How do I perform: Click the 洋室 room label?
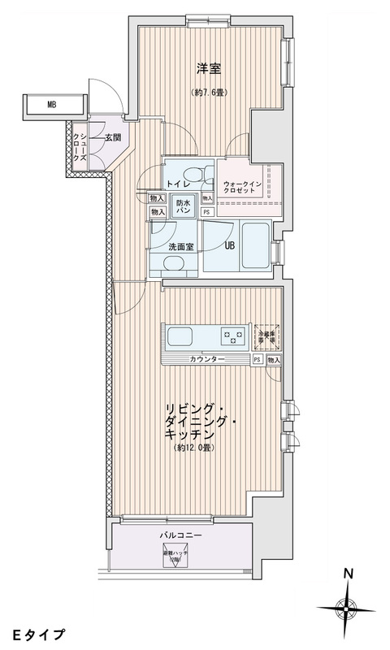click(209, 70)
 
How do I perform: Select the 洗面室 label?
click(180, 247)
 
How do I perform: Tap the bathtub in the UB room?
click(257, 247)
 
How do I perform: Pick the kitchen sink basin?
click(180, 336)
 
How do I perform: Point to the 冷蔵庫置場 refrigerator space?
click(266, 335)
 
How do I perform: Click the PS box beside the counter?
click(257, 359)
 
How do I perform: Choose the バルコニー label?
click(181, 535)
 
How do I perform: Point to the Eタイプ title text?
click(37, 632)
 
